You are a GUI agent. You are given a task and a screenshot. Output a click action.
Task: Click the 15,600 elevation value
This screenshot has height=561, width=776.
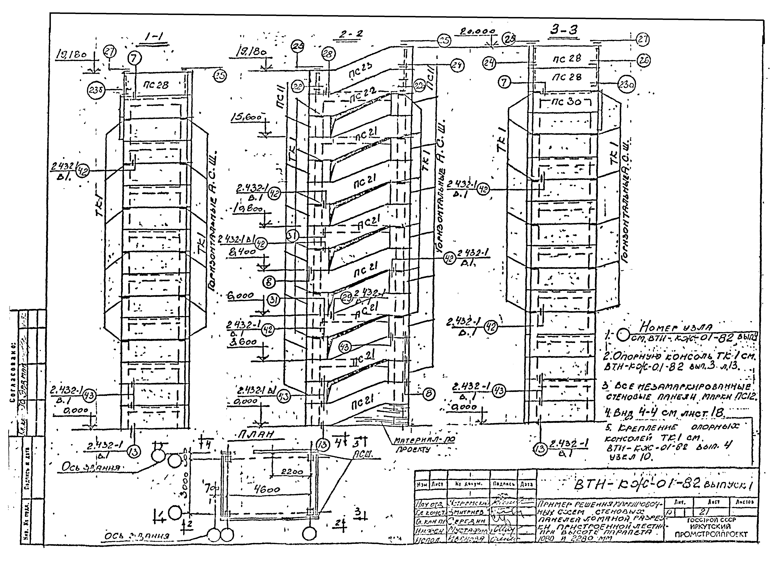pyautogui.click(x=246, y=117)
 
